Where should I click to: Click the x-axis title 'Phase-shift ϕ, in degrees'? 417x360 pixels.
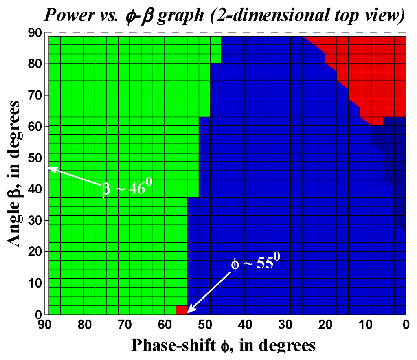pos(223,345)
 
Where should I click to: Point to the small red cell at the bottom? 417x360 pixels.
pos(181,310)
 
